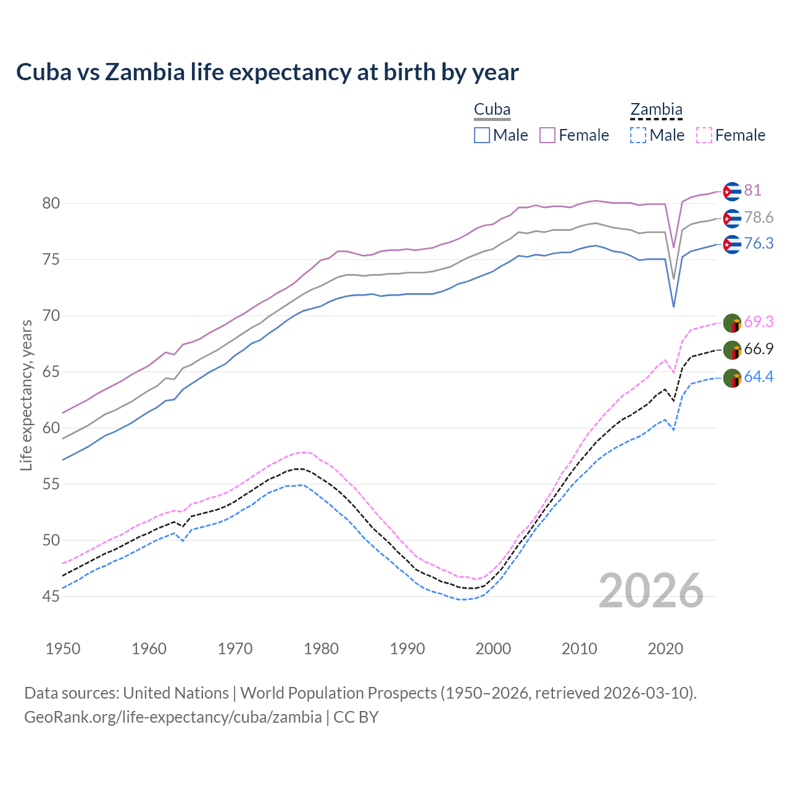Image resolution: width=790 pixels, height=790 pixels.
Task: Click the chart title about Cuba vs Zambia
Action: pyautogui.click(x=267, y=72)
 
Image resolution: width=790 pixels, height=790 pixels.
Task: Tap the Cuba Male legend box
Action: pyautogui.click(x=482, y=135)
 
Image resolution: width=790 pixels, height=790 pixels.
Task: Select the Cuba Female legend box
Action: pyautogui.click(x=547, y=135)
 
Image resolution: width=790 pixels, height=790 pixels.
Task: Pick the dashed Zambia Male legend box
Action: pyautogui.click(x=638, y=135)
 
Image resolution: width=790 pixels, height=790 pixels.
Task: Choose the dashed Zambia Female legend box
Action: pyautogui.click(x=704, y=135)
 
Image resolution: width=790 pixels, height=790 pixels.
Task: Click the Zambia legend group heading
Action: pyautogui.click(x=656, y=110)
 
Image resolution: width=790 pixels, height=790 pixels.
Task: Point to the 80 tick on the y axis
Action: pyautogui.click(x=51, y=203)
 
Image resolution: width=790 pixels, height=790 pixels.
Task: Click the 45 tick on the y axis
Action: pyautogui.click(x=51, y=596)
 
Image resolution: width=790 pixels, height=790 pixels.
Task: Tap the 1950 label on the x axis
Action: pyautogui.click(x=63, y=649)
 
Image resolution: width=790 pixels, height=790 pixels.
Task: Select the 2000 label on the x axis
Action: pyautogui.click(x=493, y=649)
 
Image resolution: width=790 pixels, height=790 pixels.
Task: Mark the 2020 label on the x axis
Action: pyautogui.click(x=665, y=649)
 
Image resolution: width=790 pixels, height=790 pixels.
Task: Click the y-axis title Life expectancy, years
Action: pyautogui.click(x=26, y=395)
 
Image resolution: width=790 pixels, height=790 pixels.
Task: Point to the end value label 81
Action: pyautogui.click(x=752, y=190)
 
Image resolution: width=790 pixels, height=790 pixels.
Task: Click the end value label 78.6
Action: pyautogui.click(x=759, y=217)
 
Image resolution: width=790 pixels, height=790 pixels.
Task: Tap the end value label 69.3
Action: pyautogui.click(x=759, y=322)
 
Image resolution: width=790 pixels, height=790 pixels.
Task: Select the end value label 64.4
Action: pyautogui.click(x=759, y=376)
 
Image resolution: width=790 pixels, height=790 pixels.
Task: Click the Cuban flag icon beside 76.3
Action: pyautogui.click(x=732, y=244)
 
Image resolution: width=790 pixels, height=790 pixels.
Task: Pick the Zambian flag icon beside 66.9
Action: pyautogui.click(x=732, y=350)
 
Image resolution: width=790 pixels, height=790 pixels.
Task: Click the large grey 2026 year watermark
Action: pyautogui.click(x=651, y=591)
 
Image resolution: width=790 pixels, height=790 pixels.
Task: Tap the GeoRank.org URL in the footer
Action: pyautogui.click(x=173, y=717)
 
